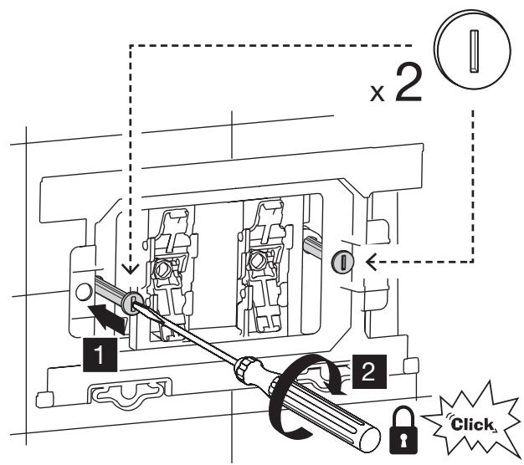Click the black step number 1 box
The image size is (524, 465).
click(x=100, y=355)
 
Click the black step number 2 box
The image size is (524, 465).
click(x=368, y=371)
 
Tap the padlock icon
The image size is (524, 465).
click(x=403, y=430)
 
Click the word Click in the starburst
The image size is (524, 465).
click(x=471, y=425)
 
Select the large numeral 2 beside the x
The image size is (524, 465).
click(x=408, y=83)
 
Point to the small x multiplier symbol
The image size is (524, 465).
click(x=378, y=94)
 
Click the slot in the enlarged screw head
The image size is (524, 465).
click(x=475, y=51)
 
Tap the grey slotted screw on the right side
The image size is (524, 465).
click(x=342, y=262)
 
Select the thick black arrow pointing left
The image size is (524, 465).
click(x=108, y=319)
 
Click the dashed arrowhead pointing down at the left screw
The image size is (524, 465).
click(x=131, y=269)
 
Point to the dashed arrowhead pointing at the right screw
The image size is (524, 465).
click(x=372, y=261)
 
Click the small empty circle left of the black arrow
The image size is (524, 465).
click(x=84, y=292)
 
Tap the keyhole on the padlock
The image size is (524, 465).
click(x=403, y=439)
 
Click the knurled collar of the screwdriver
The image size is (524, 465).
click(x=247, y=368)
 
